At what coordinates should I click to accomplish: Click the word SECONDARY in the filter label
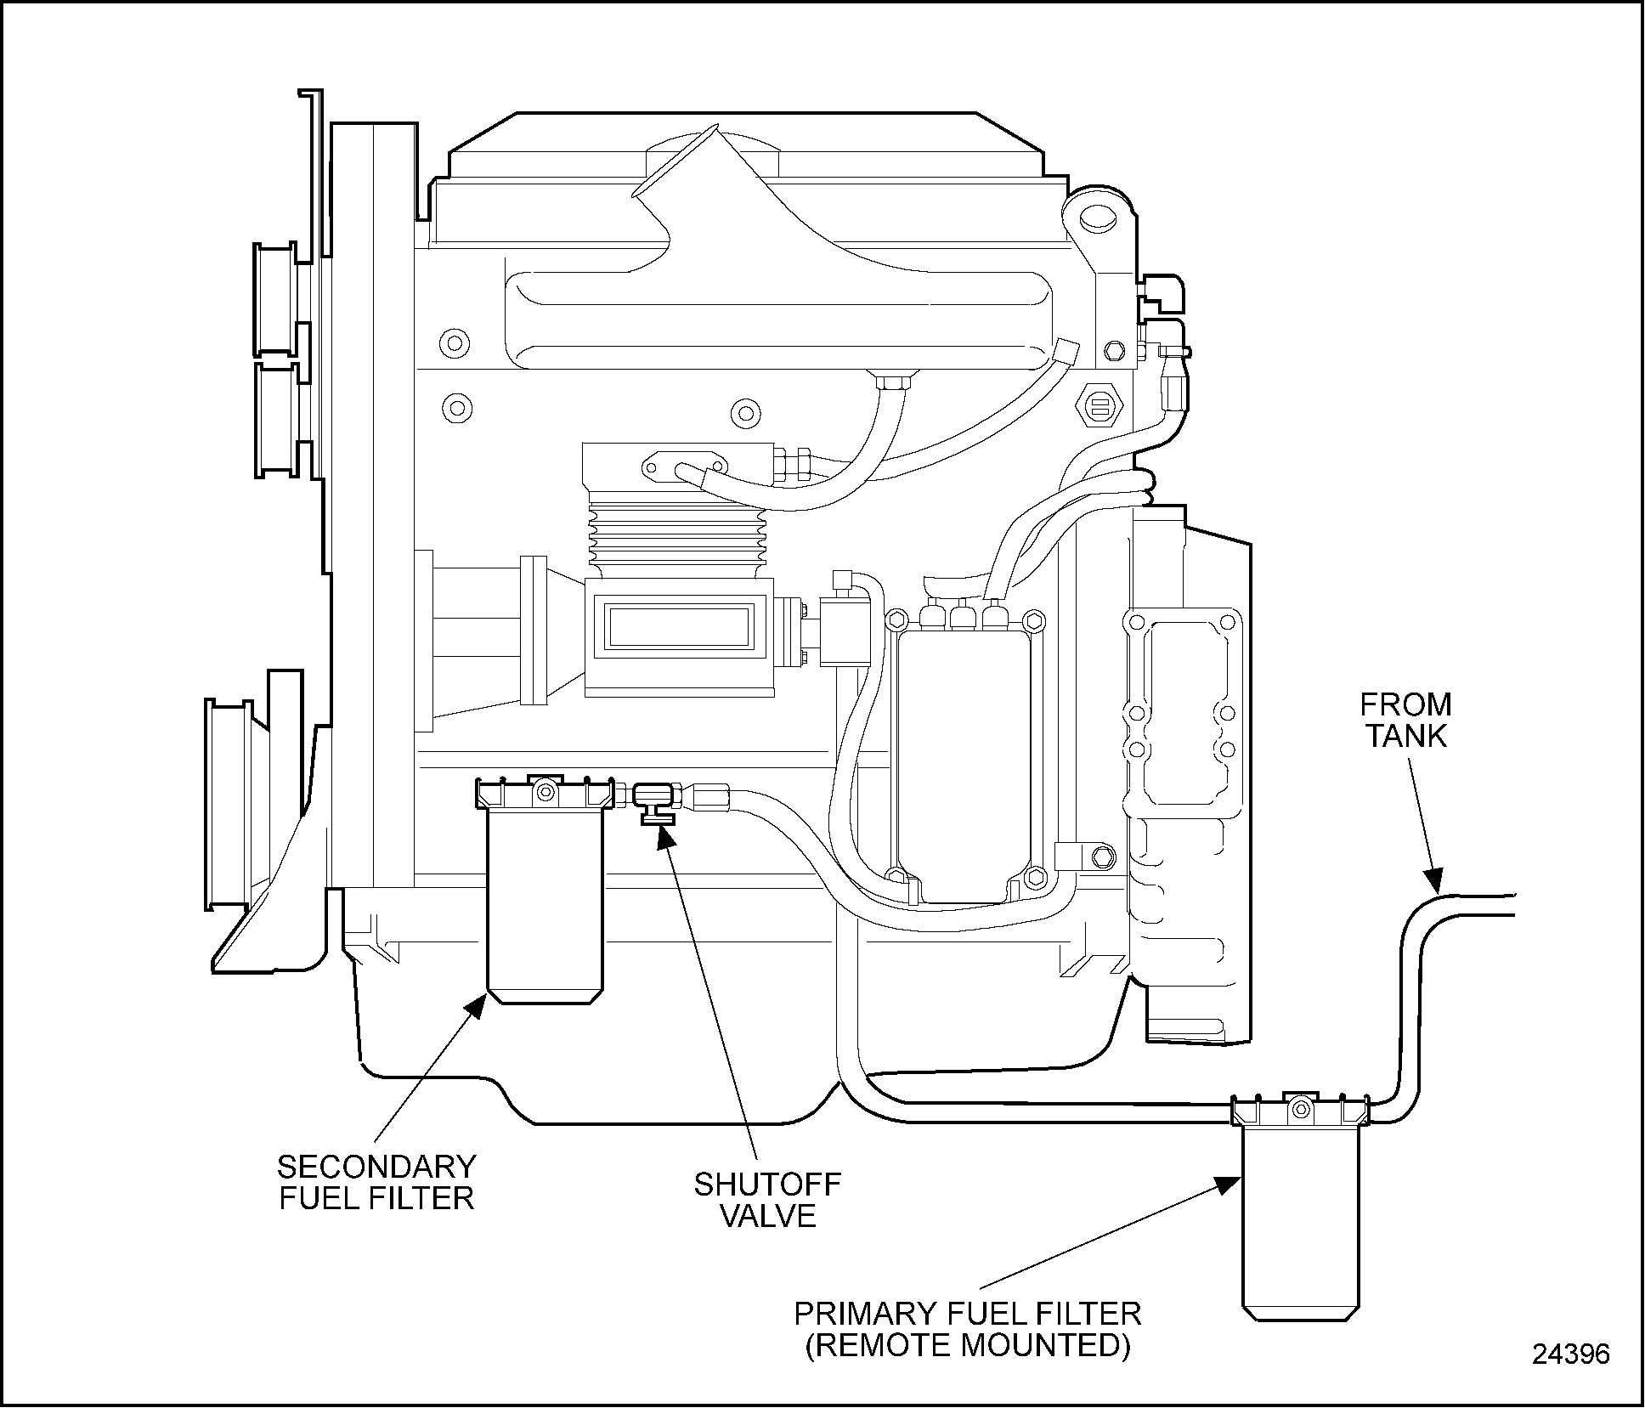click(376, 1166)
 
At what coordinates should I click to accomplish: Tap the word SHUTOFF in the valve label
click(767, 1185)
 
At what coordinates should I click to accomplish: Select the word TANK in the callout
click(1406, 736)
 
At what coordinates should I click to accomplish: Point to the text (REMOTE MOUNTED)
click(968, 1345)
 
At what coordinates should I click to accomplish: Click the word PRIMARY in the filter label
click(866, 1314)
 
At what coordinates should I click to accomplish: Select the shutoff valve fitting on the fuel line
click(654, 801)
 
